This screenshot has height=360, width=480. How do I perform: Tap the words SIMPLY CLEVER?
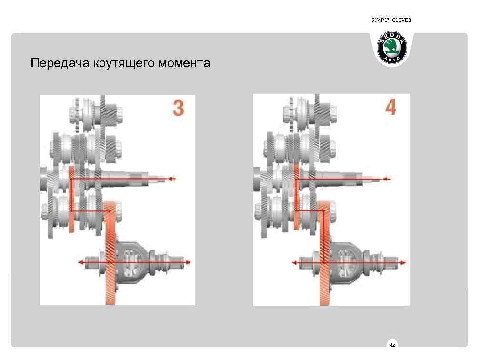(391, 20)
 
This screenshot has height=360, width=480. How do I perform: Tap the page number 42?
(392, 344)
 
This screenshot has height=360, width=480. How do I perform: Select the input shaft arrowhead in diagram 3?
(172, 179)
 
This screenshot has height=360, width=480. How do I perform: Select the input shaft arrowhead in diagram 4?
(387, 179)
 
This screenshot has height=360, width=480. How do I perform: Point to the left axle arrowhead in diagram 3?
(80, 262)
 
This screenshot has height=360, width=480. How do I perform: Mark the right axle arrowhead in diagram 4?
(404, 262)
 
